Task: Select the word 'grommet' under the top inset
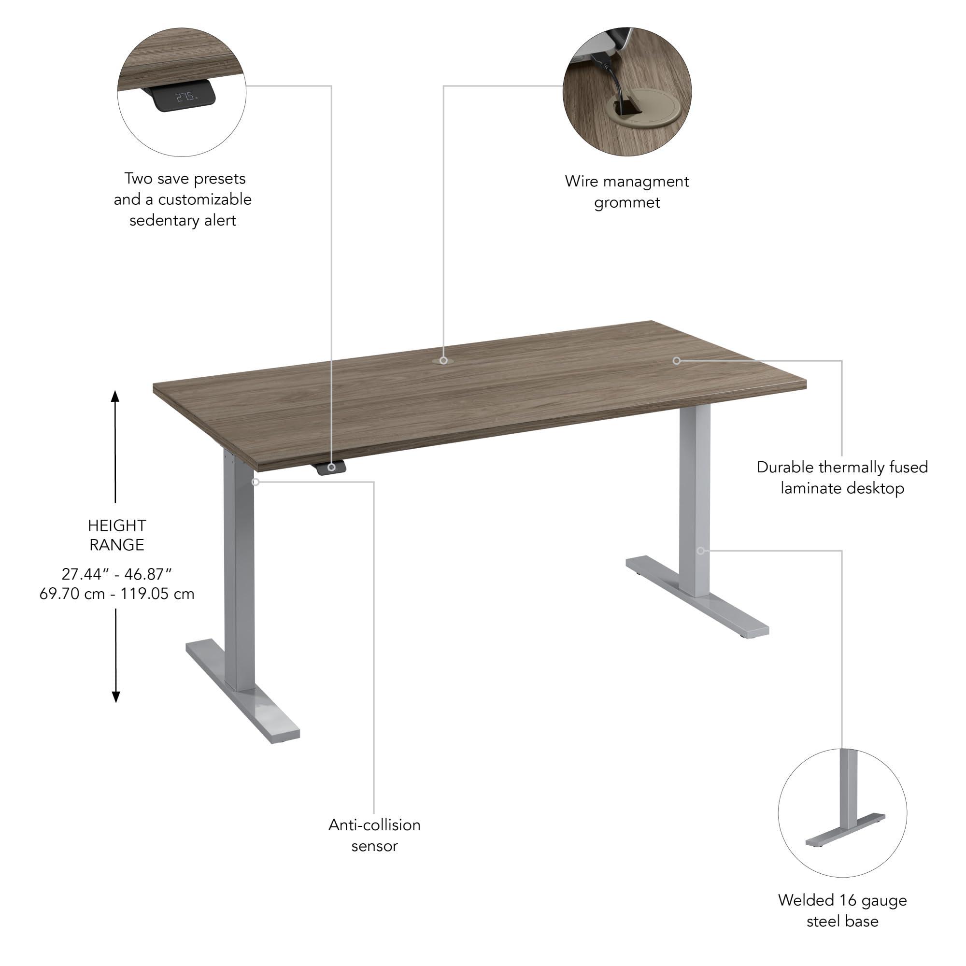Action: (627, 202)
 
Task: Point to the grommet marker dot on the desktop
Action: (443, 360)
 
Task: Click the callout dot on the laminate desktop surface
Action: (676, 360)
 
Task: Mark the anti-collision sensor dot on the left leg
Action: (256, 482)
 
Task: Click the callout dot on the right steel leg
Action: (700, 551)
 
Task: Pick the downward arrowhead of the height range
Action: (115, 696)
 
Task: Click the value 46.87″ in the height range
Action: (148, 573)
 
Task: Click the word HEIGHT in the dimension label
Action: (117, 526)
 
